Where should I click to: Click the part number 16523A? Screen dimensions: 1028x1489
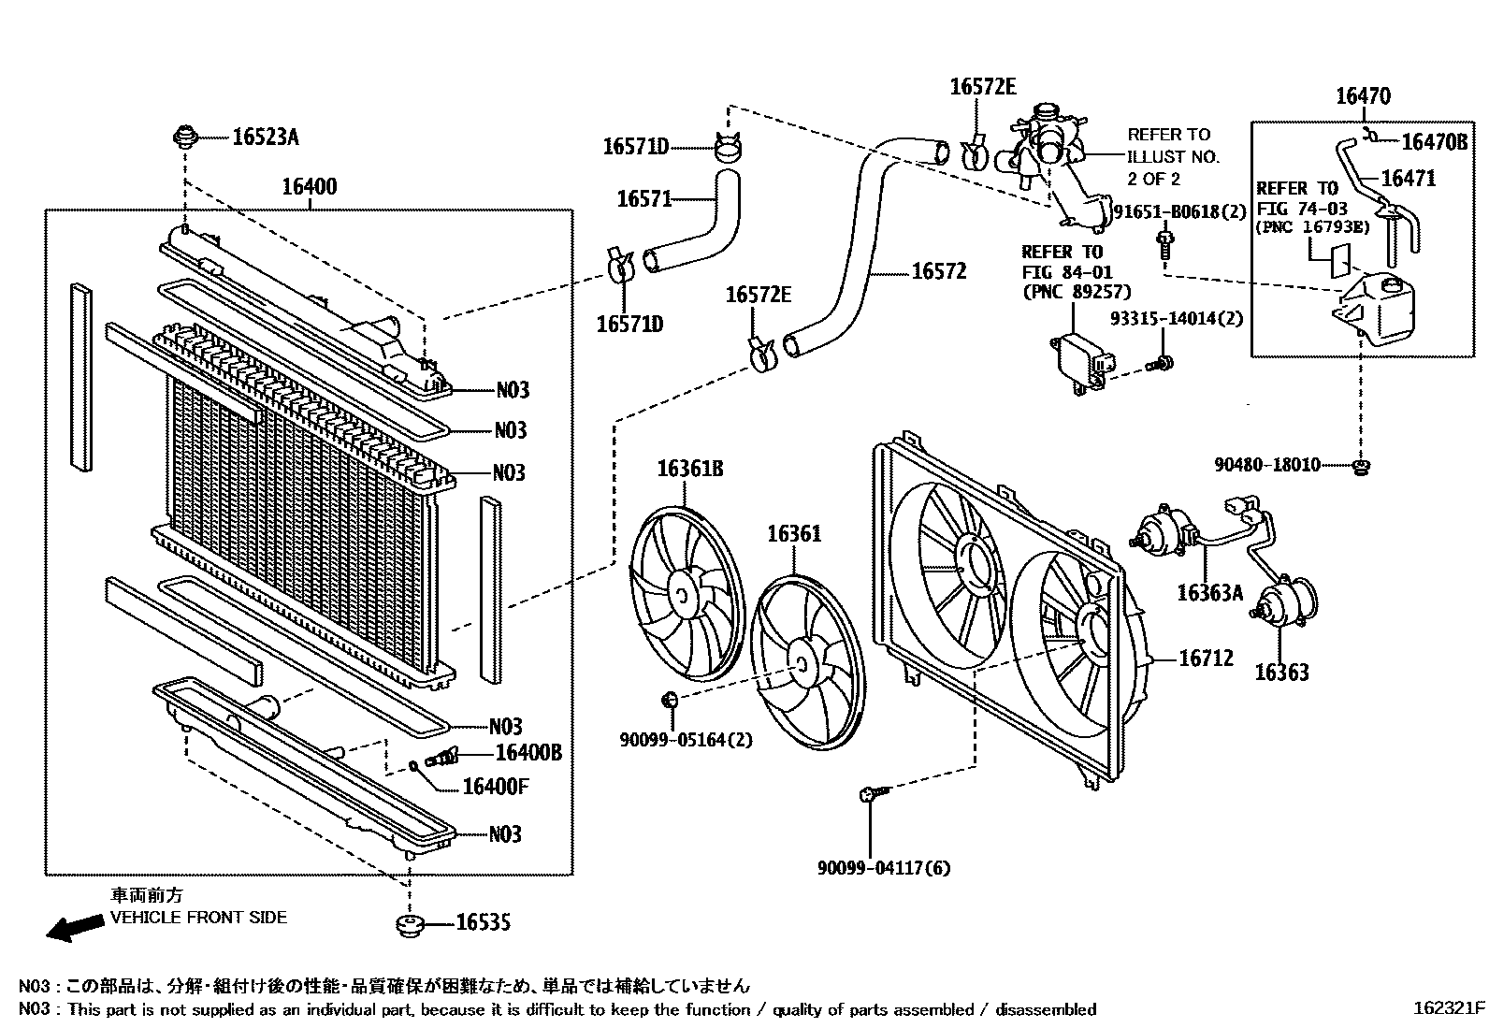(x=265, y=138)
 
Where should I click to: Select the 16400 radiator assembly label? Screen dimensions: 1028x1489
(x=309, y=187)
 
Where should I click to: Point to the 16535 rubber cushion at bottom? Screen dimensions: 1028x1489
(x=409, y=925)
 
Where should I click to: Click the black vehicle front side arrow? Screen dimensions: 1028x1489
(x=75, y=927)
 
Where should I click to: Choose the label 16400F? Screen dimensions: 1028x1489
(x=495, y=786)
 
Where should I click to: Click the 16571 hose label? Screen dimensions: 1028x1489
(x=644, y=198)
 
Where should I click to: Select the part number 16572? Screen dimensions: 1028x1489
(x=938, y=271)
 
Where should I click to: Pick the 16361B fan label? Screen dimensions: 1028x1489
(x=689, y=468)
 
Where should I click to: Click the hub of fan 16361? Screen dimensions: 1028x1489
(x=802, y=662)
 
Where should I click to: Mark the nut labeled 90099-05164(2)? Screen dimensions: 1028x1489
(x=670, y=699)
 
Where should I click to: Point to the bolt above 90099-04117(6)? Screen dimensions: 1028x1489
(x=868, y=794)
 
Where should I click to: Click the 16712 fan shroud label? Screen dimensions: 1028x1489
(x=1206, y=659)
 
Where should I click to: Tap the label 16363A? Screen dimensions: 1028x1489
(x=1209, y=592)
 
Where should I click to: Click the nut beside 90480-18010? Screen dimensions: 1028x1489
(x=1361, y=465)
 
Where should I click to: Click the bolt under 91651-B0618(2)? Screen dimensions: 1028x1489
(x=1164, y=245)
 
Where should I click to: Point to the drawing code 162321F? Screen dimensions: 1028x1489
(x=1448, y=1008)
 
